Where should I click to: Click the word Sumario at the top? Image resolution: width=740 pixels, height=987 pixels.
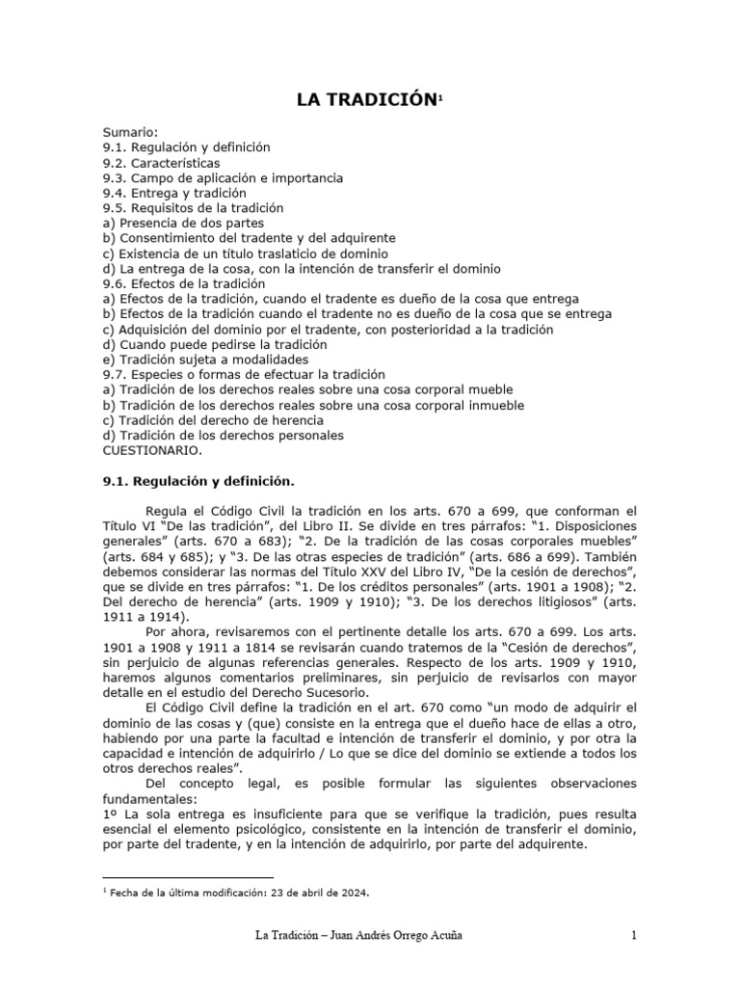tap(130, 132)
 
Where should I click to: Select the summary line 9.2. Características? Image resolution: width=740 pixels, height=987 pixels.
tap(162, 163)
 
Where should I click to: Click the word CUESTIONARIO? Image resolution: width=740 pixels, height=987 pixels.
tap(153, 449)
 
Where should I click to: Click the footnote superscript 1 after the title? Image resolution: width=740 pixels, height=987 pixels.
tap(440, 97)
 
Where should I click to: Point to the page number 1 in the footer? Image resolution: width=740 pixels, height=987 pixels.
tap(634, 936)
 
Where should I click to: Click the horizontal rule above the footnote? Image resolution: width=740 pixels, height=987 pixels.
tap(188, 877)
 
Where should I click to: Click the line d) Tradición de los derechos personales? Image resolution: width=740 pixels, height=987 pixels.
tap(222, 435)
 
